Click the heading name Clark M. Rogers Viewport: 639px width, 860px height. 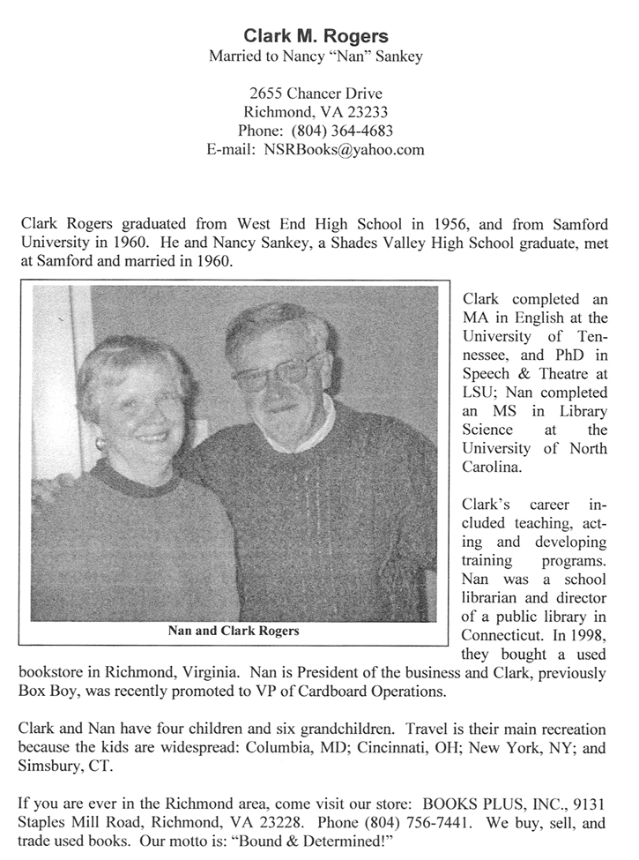(x=316, y=36)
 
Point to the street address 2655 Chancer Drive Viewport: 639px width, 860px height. (x=316, y=93)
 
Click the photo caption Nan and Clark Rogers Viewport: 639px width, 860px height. (x=234, y=631)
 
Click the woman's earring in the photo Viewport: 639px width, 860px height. (x=100, y=443)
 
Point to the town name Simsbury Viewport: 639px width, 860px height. (x=51, y=766)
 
